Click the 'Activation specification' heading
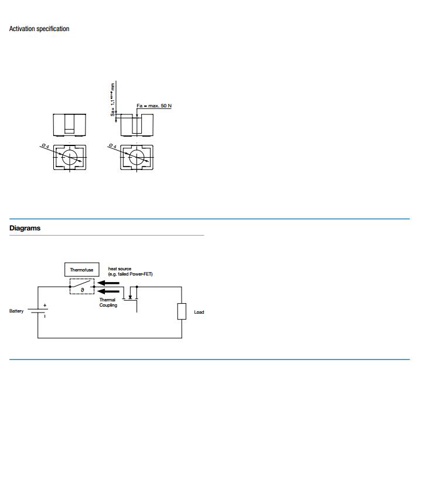click(x=39, y=29)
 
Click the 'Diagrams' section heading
click(x=25, y=228)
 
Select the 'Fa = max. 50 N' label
click(x=154, y=106)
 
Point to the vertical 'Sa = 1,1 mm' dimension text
click(x=112, y=99)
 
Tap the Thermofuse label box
click(x=81, y=270)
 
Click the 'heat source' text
click(x=119, y=269)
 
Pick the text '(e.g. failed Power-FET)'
click(x=130, y=274)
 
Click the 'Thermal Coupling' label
click(x=108, y=303)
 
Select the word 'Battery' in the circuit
click(x=16, y=311)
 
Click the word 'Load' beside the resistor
click(x=199, y=312)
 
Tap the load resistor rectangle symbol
click(x=182, y=312)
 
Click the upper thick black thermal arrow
click(x=110, y=283)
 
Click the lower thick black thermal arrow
click(x=110, y=291)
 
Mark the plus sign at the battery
click(x=45, y=305)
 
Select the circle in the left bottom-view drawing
click(x=70, y=157)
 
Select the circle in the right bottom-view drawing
click(x=136, y=157)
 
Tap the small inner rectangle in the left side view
click(x=70, y=124)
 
